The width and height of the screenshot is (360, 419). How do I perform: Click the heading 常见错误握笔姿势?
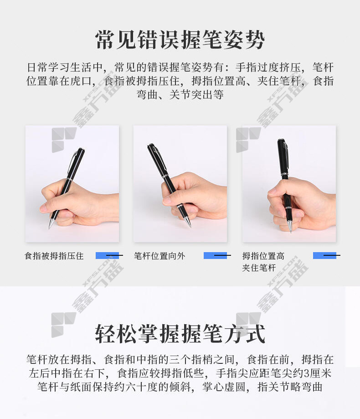click(x=180, y=40)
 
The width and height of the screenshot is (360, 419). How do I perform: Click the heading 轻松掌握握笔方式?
click(x=180, y=333)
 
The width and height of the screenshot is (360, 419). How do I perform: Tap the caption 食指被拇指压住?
click(x=54, y=256)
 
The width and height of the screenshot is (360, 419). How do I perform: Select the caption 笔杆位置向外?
click(x=159, y=256)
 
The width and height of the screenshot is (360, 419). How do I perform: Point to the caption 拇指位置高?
click(x=263, y=256)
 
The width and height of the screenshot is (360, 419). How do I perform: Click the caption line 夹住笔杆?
click(x=259, y=268)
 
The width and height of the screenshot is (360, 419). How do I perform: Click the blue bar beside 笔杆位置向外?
click(x=215, y=255)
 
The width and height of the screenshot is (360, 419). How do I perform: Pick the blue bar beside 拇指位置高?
click(x=324, y=255)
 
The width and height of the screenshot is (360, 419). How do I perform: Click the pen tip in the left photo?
click(x=50, y=228)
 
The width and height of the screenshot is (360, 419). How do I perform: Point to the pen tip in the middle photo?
click(x=190, y=226)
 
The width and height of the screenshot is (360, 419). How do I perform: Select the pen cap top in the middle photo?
click(x=150, y=146)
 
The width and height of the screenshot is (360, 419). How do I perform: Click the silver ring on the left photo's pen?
click(x=69, y=179)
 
